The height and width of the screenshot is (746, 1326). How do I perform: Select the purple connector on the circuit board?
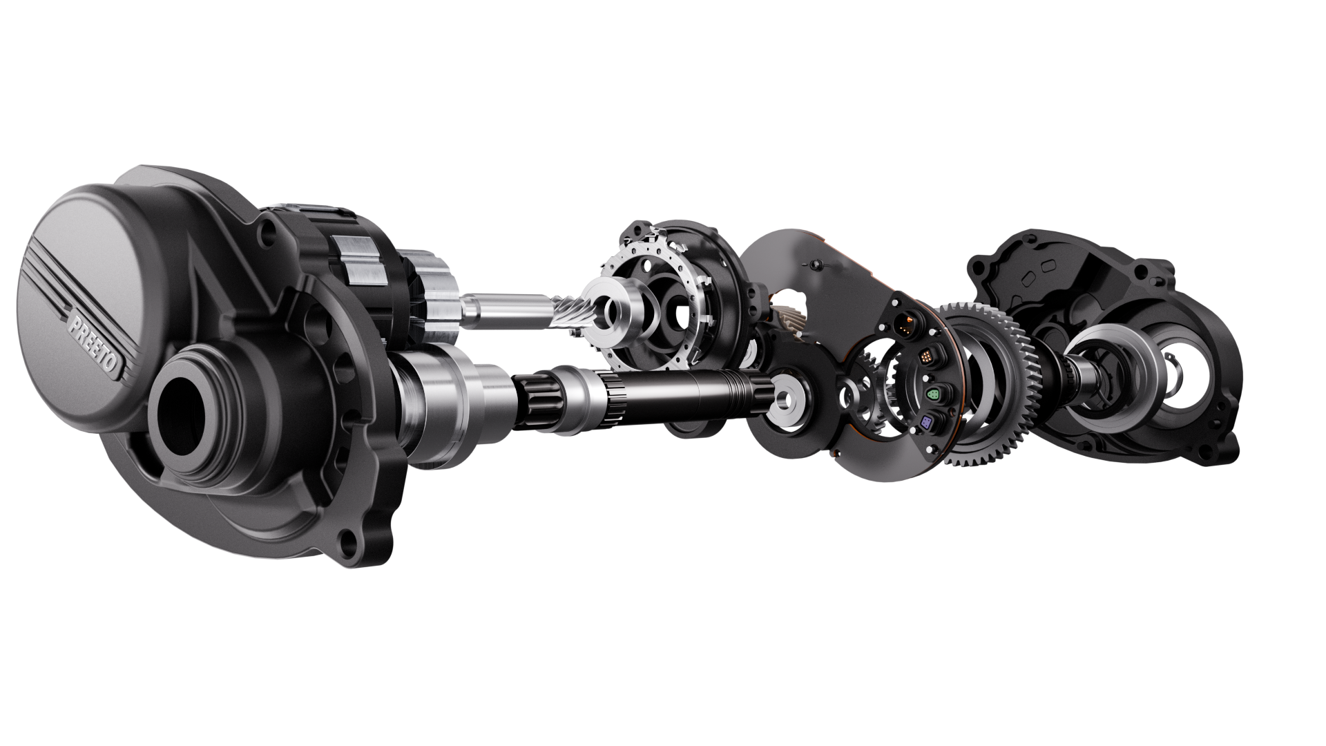[x=927, y=423]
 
